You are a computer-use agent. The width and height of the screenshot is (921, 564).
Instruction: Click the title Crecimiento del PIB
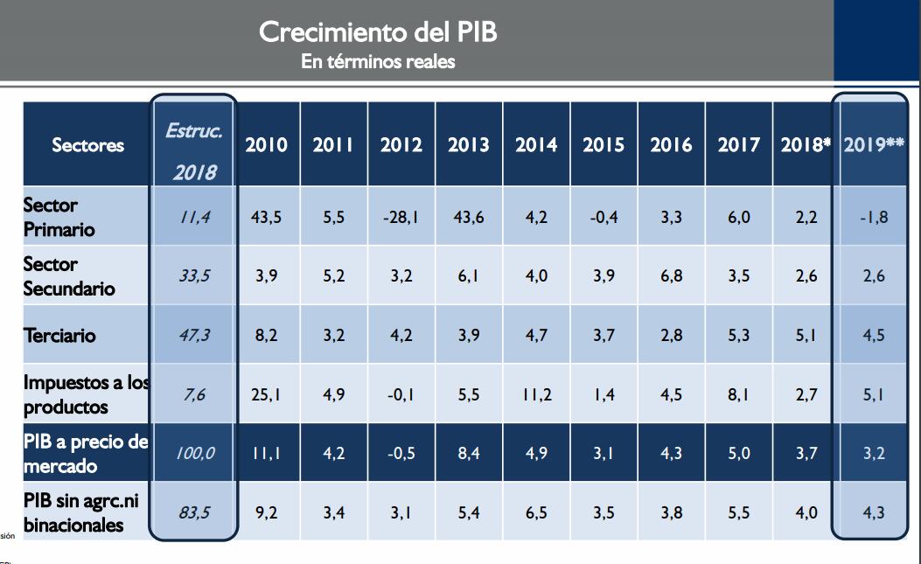(379, 33)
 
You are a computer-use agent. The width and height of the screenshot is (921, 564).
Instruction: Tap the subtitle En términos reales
(378, 62)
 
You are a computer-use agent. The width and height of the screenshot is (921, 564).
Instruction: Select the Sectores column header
(87, 145)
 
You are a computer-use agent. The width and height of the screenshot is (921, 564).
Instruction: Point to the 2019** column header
(874, 145)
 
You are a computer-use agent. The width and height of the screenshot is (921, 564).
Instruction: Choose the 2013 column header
(469, 145)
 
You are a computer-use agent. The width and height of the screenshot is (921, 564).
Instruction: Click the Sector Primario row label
(52, 217)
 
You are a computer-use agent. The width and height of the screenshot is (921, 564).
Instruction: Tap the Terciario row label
(60, 336)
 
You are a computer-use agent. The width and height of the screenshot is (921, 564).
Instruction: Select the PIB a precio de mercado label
(86, 453)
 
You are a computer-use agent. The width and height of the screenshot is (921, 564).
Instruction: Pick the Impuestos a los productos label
(86, 394)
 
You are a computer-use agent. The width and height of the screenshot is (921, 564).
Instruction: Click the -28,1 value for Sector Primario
(401, 218)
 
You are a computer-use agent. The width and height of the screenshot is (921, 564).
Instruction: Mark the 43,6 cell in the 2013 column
(469, 218)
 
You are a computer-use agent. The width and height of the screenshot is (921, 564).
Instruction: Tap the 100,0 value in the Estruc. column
(194, 453)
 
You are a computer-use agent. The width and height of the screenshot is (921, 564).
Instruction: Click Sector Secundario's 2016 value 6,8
(672, 276)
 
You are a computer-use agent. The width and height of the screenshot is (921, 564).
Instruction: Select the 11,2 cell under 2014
(536, 394)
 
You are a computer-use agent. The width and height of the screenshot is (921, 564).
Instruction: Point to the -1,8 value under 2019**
(873, 218)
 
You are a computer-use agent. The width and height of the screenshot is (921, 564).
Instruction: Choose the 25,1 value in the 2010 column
(266, 394)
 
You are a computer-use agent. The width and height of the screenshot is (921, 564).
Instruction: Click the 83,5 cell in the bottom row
(194, 512)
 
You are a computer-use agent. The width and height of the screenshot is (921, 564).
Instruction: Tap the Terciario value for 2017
(739, 336)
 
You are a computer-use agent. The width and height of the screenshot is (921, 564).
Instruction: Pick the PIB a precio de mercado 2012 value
(401, 453)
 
